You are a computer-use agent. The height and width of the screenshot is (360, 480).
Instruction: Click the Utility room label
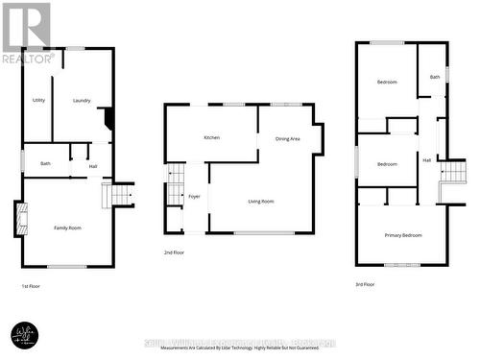tap(39, 100)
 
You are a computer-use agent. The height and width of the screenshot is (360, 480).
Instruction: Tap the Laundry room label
tap(82, 100)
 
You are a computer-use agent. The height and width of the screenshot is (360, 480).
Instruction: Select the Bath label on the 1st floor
tap(45, 164)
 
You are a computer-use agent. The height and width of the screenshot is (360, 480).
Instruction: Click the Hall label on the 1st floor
tap(93, 167)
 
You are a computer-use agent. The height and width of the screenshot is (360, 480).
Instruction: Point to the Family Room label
tap(67, 228)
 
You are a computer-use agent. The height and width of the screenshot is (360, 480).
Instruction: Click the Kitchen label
tap(211, 137)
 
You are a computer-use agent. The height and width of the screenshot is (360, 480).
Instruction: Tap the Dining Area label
tap(288, 138)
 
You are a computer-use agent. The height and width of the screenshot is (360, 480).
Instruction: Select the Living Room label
tap(261, 201)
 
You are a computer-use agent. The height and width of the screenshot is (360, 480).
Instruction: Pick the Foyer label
tap(194, 196)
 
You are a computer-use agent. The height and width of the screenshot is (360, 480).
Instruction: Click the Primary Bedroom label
tap(403, 235)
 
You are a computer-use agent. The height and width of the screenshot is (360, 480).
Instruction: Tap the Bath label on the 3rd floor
tap(435, 77)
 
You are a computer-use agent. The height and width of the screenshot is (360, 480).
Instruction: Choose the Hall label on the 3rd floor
tap(426, 160)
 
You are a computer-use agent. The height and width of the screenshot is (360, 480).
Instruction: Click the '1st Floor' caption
tap(32, 286)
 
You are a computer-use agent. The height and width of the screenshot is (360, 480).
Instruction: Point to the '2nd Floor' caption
tap(175, 252)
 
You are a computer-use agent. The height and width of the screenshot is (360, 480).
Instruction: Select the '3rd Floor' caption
tap(366, 284)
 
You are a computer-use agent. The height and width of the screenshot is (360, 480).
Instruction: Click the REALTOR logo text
tap(28, 59)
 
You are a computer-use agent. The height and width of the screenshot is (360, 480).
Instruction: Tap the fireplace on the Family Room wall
tap(18, 219)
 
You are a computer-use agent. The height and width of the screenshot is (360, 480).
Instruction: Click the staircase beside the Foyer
tap(175, 183)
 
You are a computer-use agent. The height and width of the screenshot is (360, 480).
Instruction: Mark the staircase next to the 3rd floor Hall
tap(451, 173)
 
